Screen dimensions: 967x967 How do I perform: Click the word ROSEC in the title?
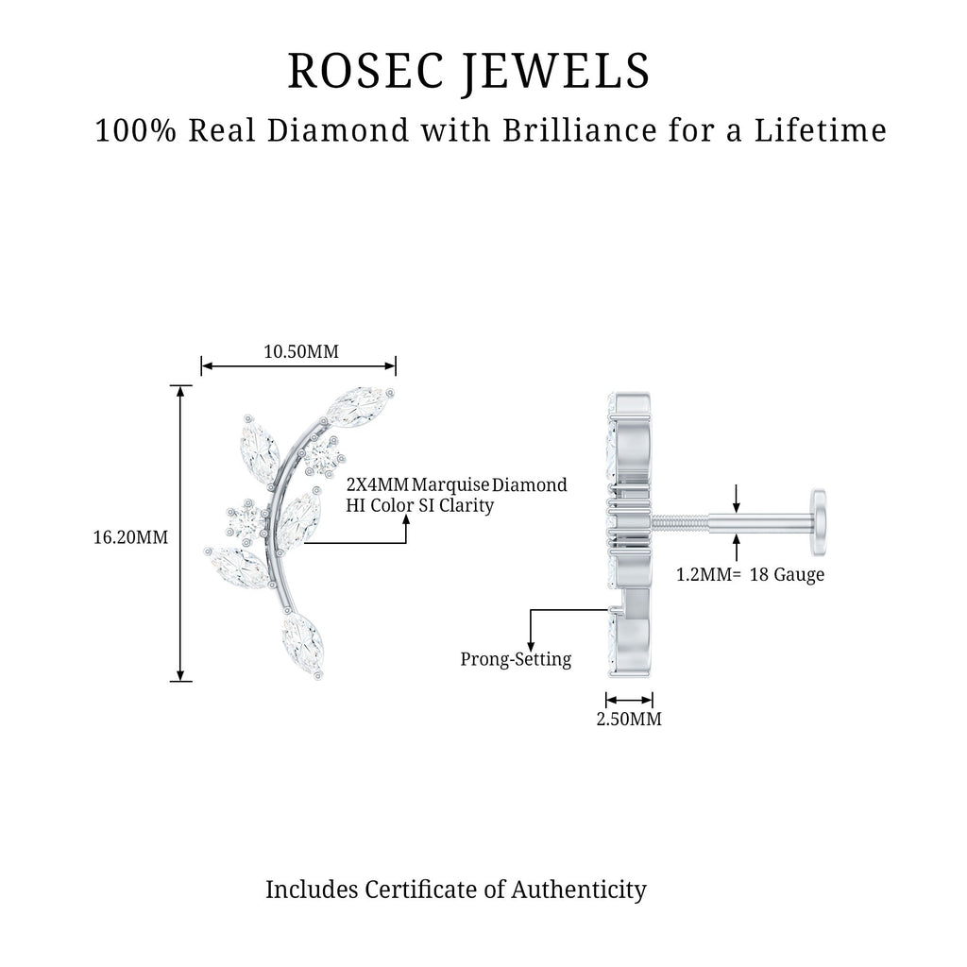click(365, 70)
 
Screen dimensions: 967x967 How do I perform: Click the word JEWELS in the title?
click(557, 72)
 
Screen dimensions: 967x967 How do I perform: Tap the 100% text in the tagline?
click(136, 130)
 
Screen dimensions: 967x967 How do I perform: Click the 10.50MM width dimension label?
click(301, 351)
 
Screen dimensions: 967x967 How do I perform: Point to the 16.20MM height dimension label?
click(130, 537)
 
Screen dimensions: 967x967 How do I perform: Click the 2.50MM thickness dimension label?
click(629, 719)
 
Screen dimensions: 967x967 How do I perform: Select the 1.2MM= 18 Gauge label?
click(750, 575)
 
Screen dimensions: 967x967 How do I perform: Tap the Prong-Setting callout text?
click(516, 659)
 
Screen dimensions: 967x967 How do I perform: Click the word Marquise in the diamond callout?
click(450, 485)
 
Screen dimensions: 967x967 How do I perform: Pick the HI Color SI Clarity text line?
click(419, 506)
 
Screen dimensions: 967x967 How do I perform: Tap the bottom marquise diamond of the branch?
click(302, 641)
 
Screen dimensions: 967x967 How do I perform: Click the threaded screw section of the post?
click(680, 523)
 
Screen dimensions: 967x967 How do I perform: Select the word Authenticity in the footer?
click(579, 891)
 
